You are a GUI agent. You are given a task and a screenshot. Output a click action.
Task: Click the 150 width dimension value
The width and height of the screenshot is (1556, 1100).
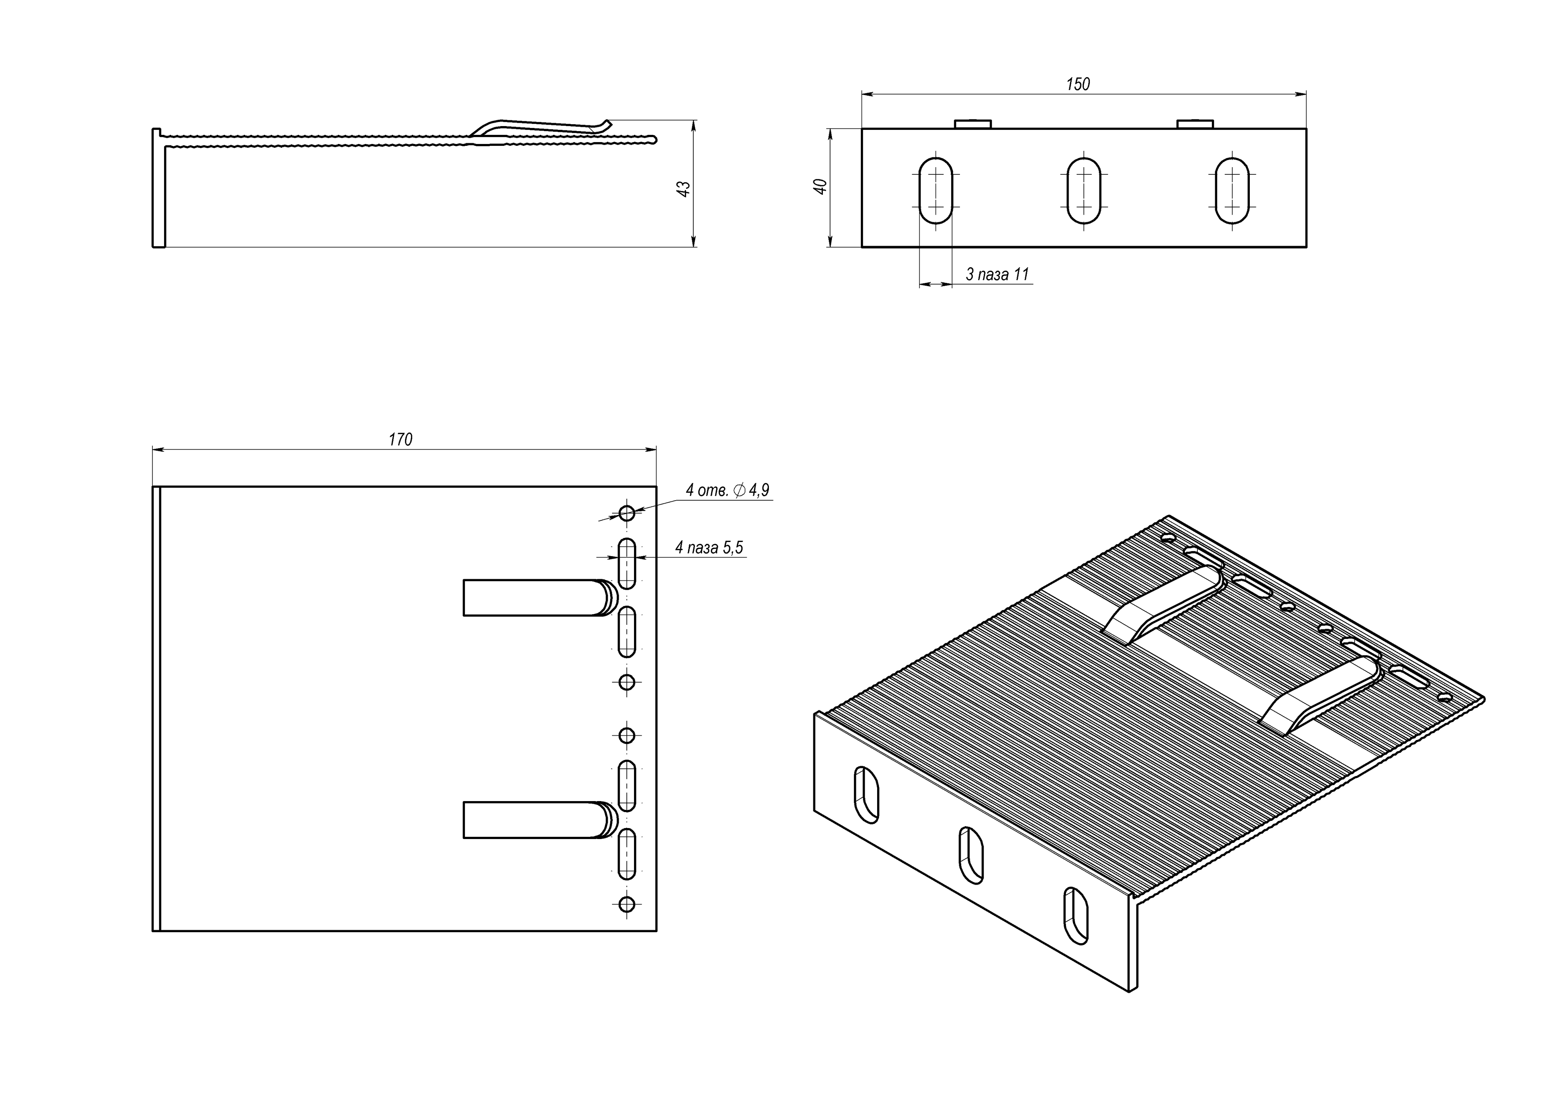click(1078, 84)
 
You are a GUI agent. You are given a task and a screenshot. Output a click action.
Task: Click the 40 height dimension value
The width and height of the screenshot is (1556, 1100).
click(821, 186)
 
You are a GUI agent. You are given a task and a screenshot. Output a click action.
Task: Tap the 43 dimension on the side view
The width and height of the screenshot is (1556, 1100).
click(685, 188)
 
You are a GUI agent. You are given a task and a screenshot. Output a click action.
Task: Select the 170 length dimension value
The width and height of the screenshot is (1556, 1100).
click(400, 440)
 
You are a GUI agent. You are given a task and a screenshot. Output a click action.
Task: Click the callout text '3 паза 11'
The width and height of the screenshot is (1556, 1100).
click(997, 275)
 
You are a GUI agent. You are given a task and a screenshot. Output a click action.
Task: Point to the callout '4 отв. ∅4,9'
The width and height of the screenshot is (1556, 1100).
click(727, 490)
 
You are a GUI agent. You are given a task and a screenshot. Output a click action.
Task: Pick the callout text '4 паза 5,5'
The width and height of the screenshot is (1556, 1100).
click(709, 548)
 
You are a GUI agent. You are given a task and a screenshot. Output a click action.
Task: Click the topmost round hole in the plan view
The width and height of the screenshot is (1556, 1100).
click(627, 513)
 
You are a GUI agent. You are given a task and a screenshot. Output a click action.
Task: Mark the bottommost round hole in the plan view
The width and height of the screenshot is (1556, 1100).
click(627, 904)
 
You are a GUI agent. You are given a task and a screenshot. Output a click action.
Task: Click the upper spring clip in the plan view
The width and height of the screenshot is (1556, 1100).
click(535, 598)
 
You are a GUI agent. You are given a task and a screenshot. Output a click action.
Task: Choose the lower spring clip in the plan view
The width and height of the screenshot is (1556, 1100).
click(535, 820)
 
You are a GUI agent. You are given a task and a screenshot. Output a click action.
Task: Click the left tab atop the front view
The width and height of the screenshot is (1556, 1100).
click(973, 124)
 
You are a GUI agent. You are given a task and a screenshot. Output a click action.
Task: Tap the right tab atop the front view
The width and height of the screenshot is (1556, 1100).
click(1195, 124)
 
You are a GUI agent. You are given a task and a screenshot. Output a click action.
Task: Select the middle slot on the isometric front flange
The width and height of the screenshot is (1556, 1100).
click(971, 855)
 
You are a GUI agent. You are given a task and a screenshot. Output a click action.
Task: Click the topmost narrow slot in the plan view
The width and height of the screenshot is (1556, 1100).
click(627, 564)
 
